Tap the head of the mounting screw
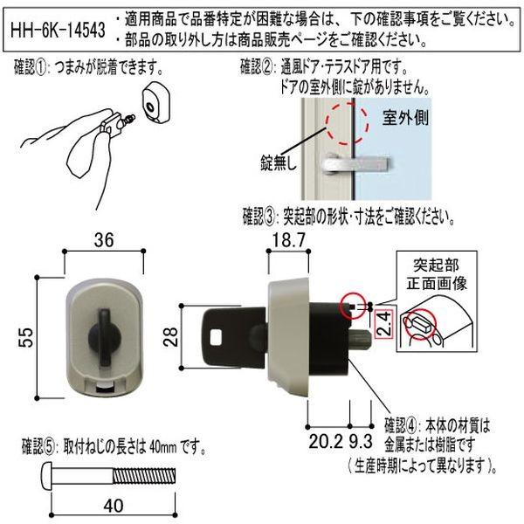point(48,478)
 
